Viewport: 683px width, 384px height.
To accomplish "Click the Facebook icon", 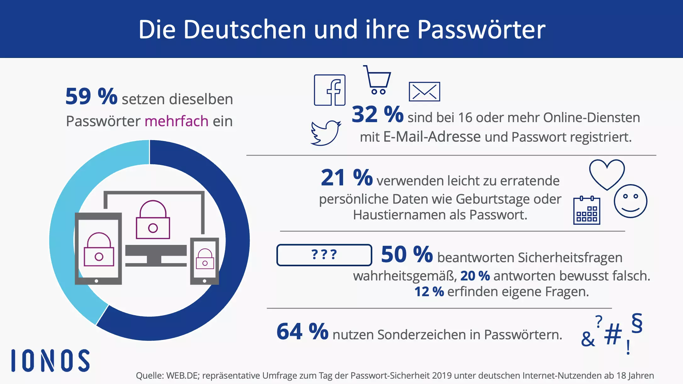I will (330, 90).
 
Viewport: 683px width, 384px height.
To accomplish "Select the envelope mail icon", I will (424, 92).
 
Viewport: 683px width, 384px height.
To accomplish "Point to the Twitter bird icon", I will (326, 133).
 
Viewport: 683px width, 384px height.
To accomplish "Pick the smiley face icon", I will (630, 201).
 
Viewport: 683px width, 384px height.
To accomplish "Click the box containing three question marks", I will (324, 255).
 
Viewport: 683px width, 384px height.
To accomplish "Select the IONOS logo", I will (51, 360).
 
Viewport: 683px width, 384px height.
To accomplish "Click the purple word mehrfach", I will (176, 121).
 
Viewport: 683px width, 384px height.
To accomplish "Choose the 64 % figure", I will (302, 331).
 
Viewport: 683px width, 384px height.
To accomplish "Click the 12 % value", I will (429, 292).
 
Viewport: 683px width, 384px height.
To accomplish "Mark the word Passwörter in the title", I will (481, 29).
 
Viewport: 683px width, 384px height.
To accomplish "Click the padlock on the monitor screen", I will (153, 220).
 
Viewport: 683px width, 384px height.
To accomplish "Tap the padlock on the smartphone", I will (205, 259).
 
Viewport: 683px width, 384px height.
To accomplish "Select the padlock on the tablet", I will (99, 250).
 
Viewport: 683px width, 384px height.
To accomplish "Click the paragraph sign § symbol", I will (637, 323).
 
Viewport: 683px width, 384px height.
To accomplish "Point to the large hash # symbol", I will (613, 334).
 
